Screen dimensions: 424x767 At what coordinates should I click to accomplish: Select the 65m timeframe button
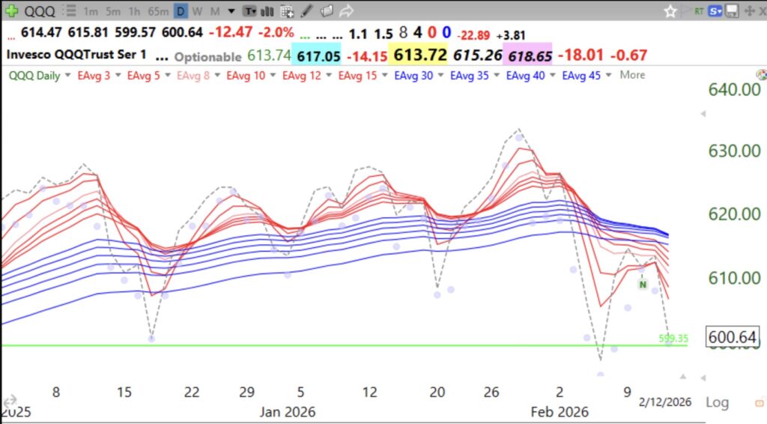tap(158, 11)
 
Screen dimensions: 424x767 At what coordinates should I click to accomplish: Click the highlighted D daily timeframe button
tap(181, 11)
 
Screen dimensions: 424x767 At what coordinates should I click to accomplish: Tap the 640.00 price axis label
tap(735, 89)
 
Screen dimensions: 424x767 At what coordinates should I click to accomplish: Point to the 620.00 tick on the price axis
tap(735, 214)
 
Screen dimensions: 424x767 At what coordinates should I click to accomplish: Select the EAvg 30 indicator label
tap(413, 76)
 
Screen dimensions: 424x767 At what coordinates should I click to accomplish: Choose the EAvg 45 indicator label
tap(582, 76)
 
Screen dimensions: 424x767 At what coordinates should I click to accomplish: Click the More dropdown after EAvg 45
tap(632, 76)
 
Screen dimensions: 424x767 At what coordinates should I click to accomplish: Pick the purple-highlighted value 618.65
tap(529, 56)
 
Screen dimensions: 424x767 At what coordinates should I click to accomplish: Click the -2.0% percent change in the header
tap(274, 34)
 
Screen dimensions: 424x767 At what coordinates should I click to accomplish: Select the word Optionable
tap(207, 57)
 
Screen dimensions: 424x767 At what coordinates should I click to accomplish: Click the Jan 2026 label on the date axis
tap(288, 412)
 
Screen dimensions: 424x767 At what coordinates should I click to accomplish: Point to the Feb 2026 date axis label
tap(560, 412)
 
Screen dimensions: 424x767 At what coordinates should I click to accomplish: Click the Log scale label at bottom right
tap(717, 402)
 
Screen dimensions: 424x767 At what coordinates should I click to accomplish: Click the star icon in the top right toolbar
tap(670, 11)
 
